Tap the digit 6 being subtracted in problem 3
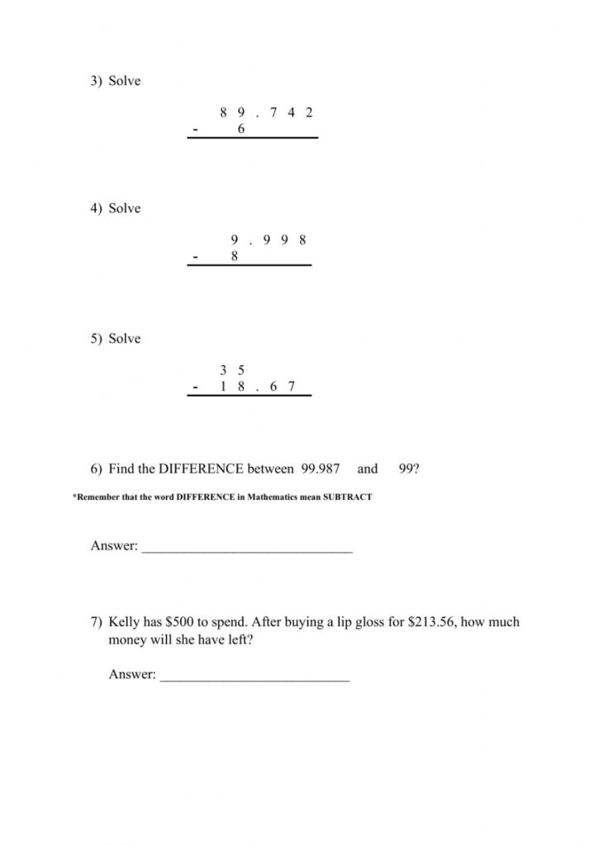tap(240, 129)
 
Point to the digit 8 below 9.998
tap(235, 257)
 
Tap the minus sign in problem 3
tap(195, 130)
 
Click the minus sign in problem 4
tap(195, 258)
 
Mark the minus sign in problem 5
tap(195, 387)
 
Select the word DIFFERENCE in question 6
tap(204, 469)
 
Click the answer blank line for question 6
tap(247, 548)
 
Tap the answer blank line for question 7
tap(254, 676)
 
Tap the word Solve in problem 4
tap(125, 209)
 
